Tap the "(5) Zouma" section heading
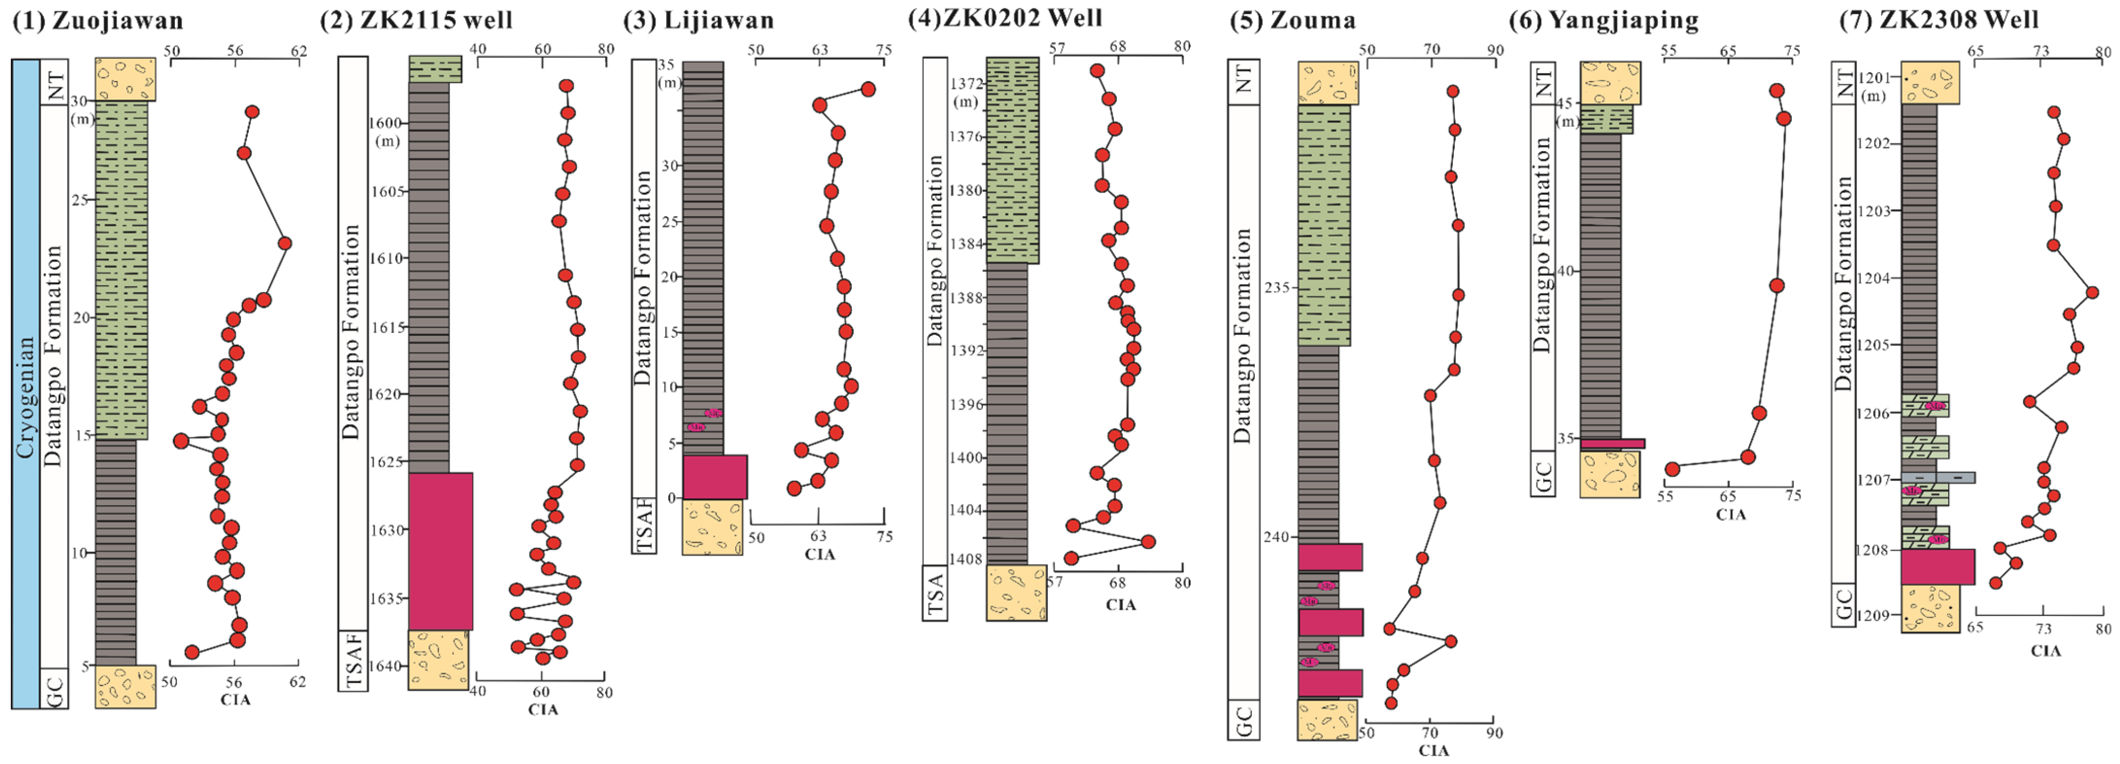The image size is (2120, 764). click(1292, 19)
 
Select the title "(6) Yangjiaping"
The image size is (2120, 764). click(1603, 19)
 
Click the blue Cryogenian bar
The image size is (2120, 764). click(25, 383)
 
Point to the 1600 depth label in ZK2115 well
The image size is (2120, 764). click(387, 123)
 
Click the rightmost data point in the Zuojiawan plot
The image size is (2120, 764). click(285, 243)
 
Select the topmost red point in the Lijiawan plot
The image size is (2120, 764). click(867, 89)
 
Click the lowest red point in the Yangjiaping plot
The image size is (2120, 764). click(1672, 468)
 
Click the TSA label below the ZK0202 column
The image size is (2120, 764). click(935, 592)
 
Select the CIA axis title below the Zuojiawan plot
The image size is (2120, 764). click(235, 700)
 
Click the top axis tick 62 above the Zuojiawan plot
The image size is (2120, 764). click(298, 51)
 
